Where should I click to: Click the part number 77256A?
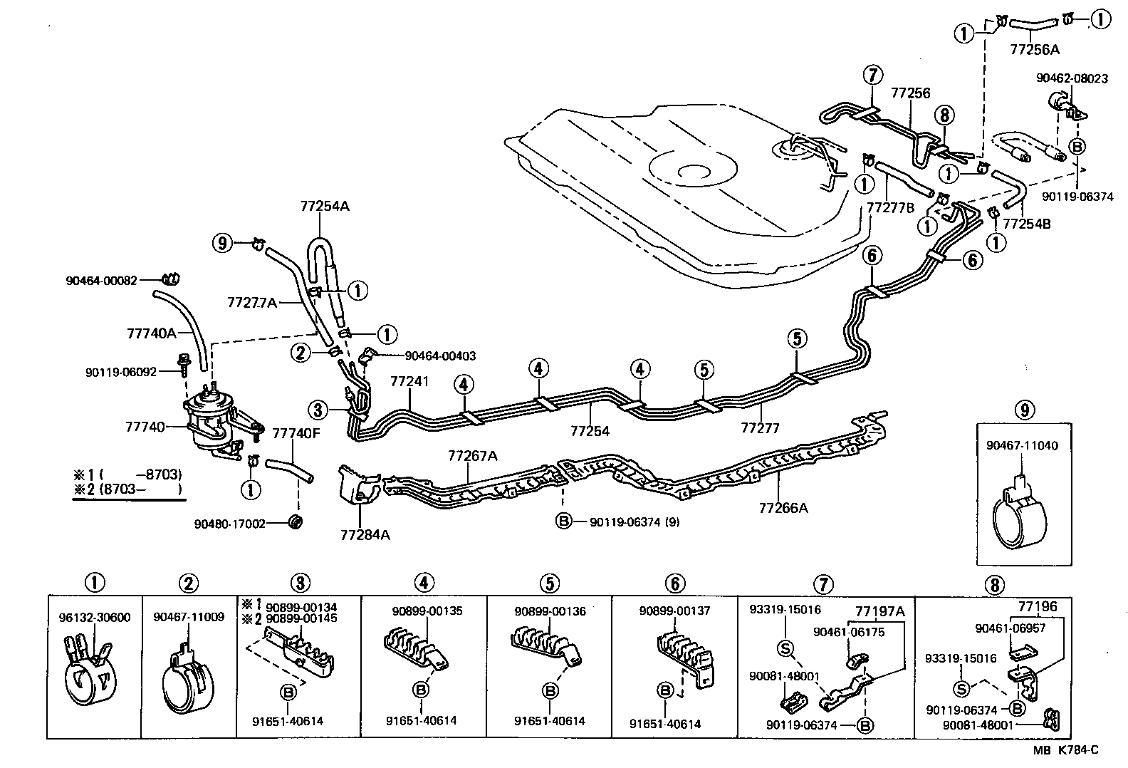point(1035,49)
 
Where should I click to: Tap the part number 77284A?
point(365,534)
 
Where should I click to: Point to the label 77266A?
point(783,508)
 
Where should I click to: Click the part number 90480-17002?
point(229,524)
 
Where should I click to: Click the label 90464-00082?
point(101,281)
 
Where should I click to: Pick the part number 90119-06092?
point(120,372)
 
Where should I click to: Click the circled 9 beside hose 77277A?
point(223,244)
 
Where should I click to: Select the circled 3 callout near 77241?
point(318,410)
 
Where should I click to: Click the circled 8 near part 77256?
point(944,115)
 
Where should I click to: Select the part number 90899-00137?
point(674,611)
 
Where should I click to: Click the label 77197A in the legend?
point(879,611)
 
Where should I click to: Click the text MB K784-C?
point(1066,749)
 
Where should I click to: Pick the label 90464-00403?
point(440,356)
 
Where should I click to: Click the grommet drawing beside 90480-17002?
point(296,521)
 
